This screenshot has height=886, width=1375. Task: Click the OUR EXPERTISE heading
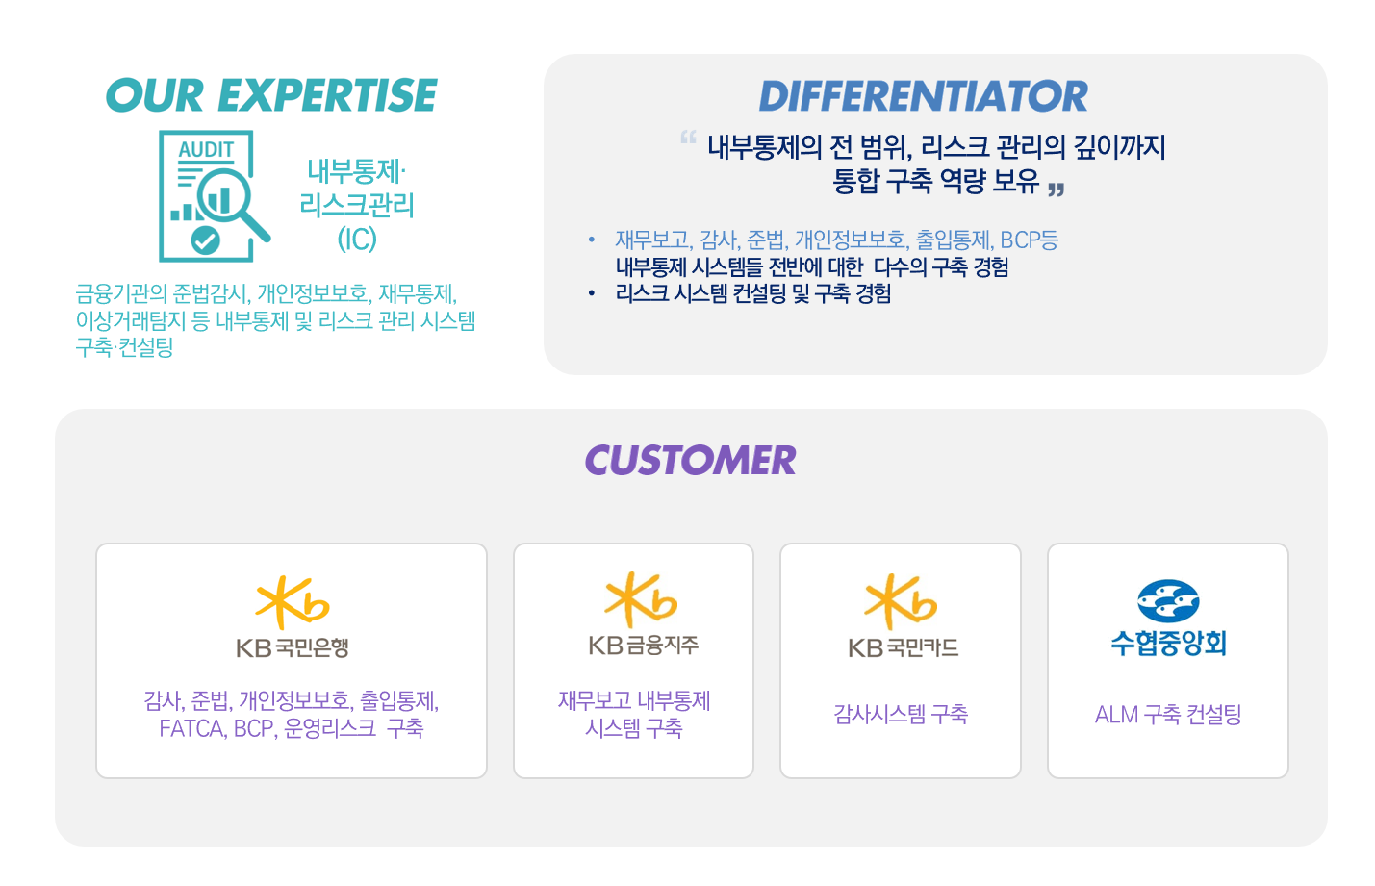pyautogui.click(x=271, y=95)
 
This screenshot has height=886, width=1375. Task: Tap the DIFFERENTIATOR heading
pyautogui.click(x=923, y=96)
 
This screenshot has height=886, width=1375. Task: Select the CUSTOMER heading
pyautogui.click(x=691, y=460)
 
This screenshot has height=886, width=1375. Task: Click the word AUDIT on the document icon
pyautogui.click(x=206, y=149)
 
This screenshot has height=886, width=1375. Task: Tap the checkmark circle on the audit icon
pyautogui.click(x=205, y=240)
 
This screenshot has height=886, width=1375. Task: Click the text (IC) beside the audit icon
pyautogui.click(x=357, y=240)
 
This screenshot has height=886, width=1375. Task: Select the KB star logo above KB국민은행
pyautogui.click(x=293, y=602)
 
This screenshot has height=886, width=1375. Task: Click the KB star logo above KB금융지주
pyautogui.click(x=641, y=599)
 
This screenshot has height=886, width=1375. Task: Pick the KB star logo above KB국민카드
pyautogui.click(x=901, y=602)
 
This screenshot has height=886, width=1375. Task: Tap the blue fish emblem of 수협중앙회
pyautogui.click(x=1168, y=600)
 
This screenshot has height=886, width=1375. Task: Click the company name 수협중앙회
pyautogui.click(x=1168, y=644)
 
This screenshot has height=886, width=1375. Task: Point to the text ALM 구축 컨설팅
pyautogui.click(x=1168, y=714)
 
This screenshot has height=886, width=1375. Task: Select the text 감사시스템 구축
pyautogui.click(x=901, y=714)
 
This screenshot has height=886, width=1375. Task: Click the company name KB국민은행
pyautogui.click(x=293, y=648)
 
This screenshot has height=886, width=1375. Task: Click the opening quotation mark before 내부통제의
pyautogui.click(x=688, y=138)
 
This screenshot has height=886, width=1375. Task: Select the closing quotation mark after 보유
pyautogui.click(x=1056, y=190)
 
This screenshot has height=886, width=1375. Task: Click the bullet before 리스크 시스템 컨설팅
pyautogui.click(x=591, y=294)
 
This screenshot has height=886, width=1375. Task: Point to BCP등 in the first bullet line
pyautogui.click(x=1030, y=240)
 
